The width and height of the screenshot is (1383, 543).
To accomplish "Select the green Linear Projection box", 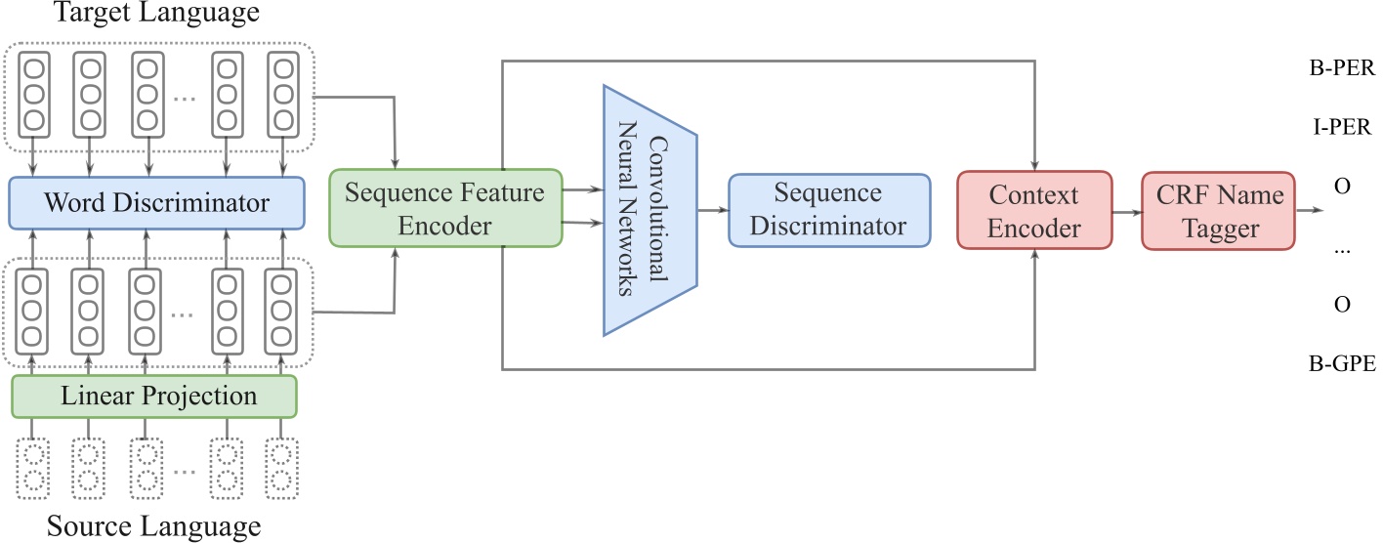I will (x=153, y=396).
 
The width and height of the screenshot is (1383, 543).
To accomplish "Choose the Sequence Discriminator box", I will (x=827, y=209).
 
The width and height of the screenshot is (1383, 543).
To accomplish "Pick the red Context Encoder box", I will (x=1033, y=211).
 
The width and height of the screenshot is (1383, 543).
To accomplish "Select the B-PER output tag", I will (x=1341, y=70).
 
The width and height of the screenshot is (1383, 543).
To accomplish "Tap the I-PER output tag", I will (x=1341, y=128).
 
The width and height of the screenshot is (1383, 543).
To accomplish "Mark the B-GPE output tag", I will (x=1341, y=363).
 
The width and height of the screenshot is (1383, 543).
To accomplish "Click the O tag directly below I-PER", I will (x=1341, y=186).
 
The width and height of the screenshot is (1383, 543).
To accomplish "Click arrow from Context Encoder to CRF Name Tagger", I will (x=1124, y=211).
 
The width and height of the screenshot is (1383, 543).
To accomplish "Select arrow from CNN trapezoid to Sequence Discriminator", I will (x=711, y=210).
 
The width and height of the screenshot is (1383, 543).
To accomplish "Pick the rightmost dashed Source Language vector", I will (x=282, y=469).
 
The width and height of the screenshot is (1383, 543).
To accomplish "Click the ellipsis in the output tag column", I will (x=1341, y=247).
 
